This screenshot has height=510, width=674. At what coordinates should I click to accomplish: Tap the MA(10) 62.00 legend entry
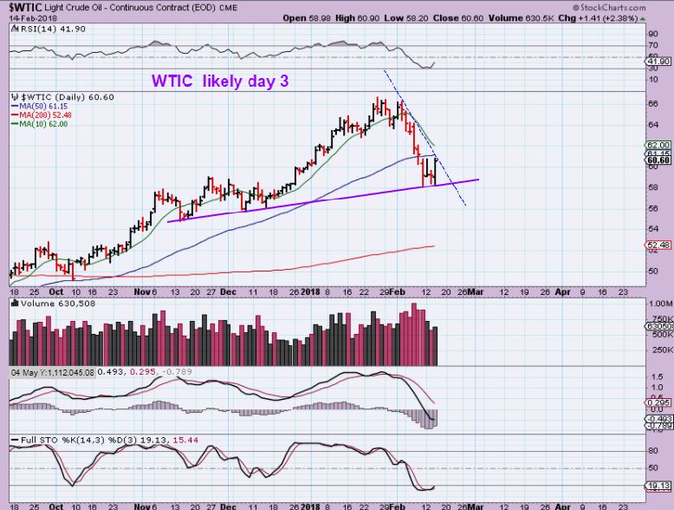40,124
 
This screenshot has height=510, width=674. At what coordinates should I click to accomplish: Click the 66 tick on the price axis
654,103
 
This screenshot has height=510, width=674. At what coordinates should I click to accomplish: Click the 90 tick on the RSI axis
654,33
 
